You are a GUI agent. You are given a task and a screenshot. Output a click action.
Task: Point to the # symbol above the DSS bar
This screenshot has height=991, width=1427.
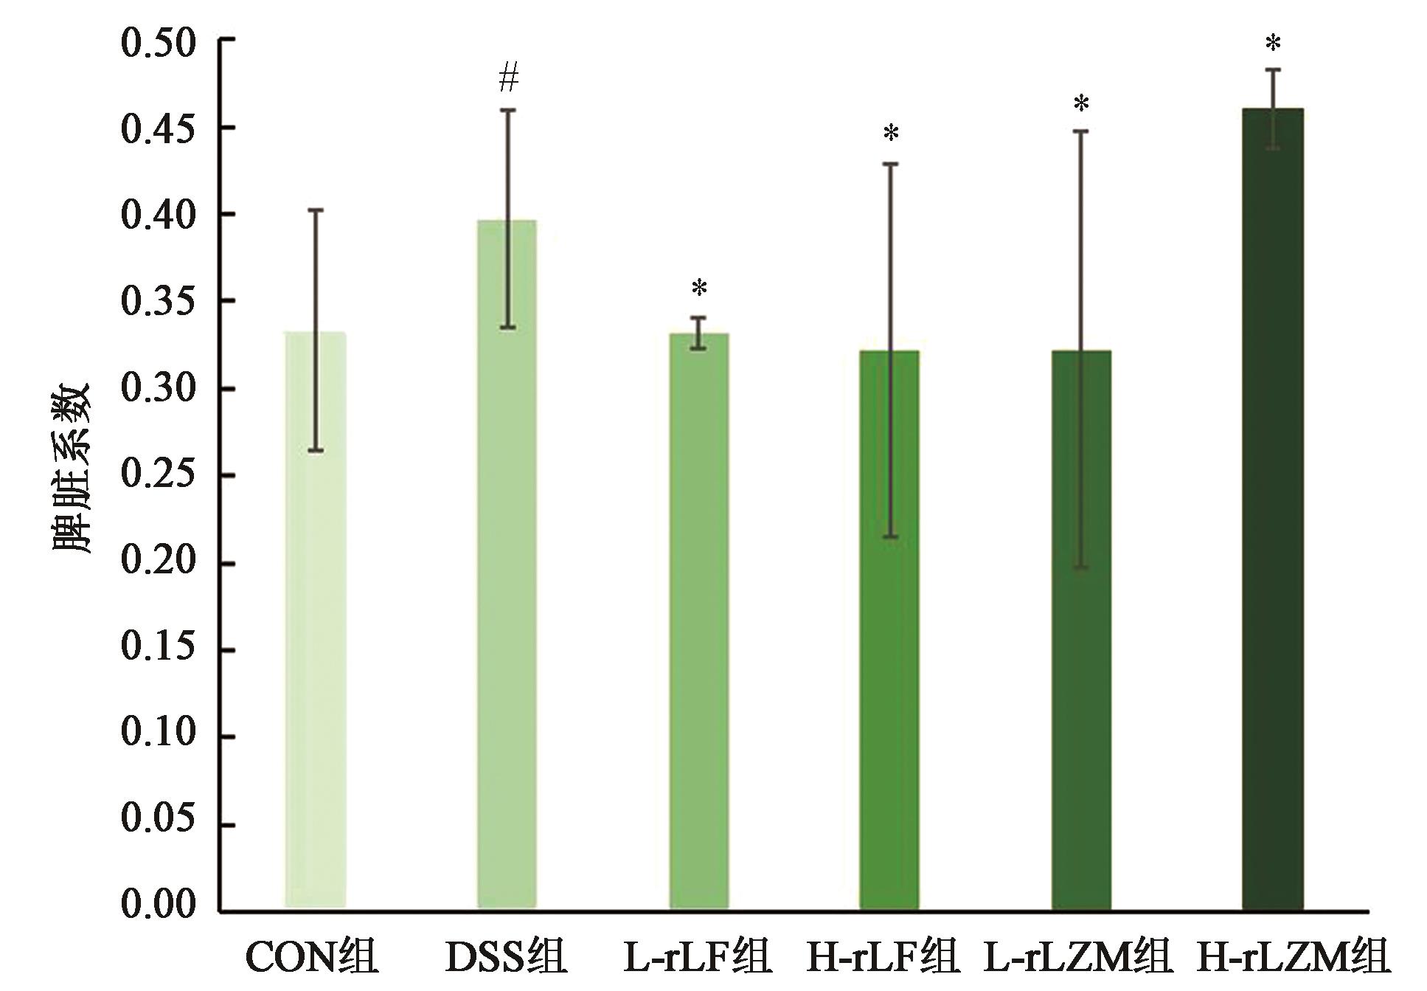coord(509,77)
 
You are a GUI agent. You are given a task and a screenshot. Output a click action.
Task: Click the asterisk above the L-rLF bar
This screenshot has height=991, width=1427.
coord(699,289)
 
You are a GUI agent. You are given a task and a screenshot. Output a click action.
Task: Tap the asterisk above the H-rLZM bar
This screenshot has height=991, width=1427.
coord(1273,44)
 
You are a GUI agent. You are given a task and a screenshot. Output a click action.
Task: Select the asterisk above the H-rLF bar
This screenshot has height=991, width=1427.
coord(891,134)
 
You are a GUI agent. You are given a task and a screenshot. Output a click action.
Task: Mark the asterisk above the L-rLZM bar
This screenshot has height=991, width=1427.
coord(1081,105)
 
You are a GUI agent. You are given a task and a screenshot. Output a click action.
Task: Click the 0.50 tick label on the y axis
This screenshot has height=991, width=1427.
coord(159,43)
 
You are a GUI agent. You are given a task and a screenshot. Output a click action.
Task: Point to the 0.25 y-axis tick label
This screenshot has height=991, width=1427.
coord(159,474)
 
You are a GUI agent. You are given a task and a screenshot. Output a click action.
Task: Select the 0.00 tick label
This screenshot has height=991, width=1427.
coord(159,905)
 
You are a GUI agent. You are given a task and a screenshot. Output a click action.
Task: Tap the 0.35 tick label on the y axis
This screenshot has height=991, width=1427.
coord(159,301)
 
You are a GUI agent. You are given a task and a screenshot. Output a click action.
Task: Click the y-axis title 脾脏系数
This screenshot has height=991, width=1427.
coord(72,469)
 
